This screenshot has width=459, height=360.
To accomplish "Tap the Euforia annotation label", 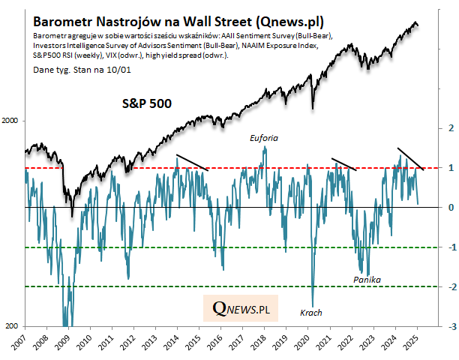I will pyautogui.click(x=265, y=139).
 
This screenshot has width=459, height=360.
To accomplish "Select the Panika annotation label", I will pyautogui.click(x=367, y=279).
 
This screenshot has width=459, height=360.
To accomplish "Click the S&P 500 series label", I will pyautogui.click(x=148, y=103).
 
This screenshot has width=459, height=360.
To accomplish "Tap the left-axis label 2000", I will pyautogui.click(x=13, y=121).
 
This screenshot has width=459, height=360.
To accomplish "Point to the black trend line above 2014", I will pyautogui.click(x=191, y=162).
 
